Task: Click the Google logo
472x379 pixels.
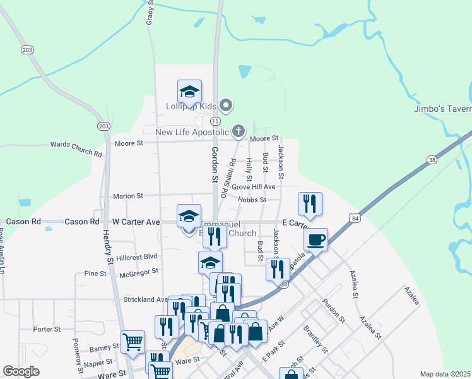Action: (21, 371)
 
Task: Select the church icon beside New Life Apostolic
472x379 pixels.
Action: (238, 131)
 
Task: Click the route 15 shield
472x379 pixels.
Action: (215, 121)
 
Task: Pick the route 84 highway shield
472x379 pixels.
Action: (357, 218)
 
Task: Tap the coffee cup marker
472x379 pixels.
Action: (316, 240)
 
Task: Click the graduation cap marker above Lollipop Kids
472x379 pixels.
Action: (189, 92)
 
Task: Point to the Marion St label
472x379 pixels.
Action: (129, 196)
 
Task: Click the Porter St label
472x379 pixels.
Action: (47, 329)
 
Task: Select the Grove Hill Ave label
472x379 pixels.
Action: (253, 187)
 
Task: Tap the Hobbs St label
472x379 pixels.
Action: (252, 200)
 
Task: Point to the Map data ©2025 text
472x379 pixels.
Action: (444, 374)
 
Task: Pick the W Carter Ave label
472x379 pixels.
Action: (136, 222)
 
